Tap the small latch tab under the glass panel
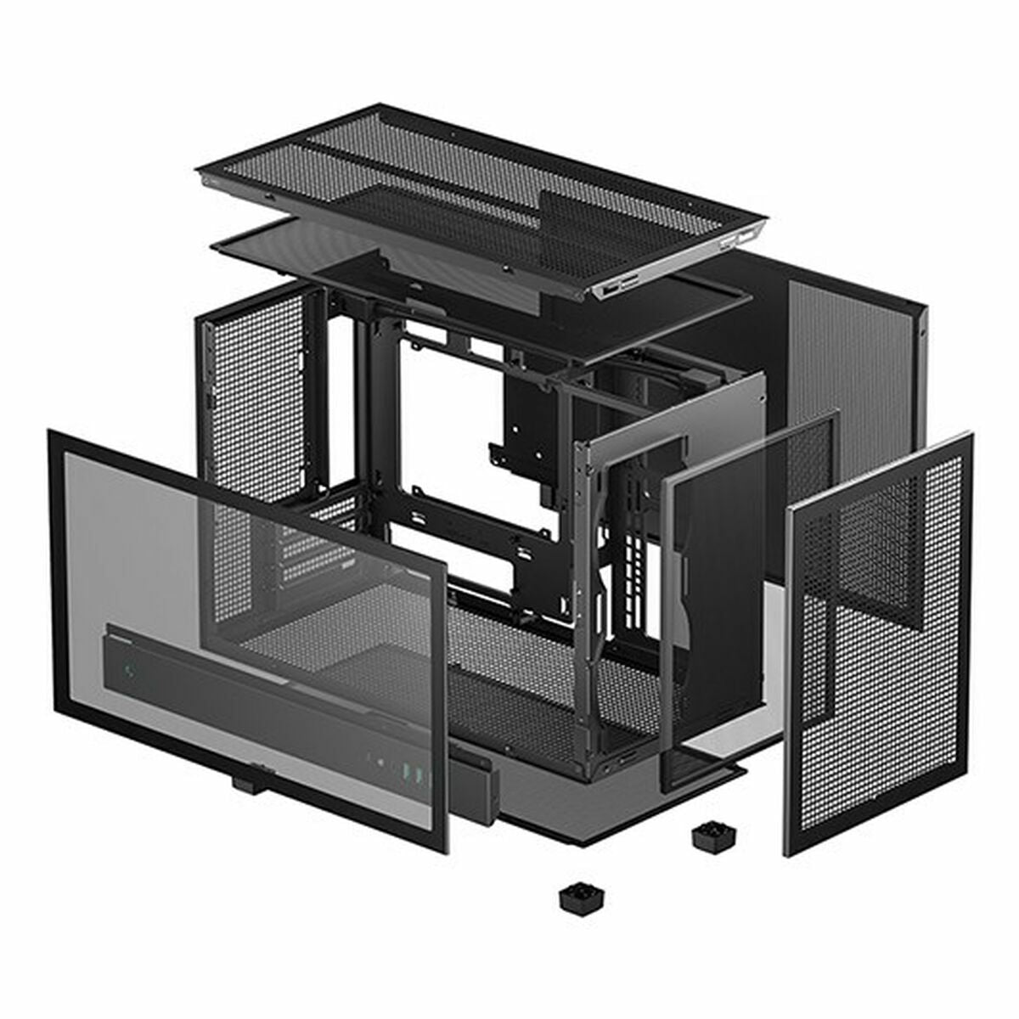click(x=248, y=784)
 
